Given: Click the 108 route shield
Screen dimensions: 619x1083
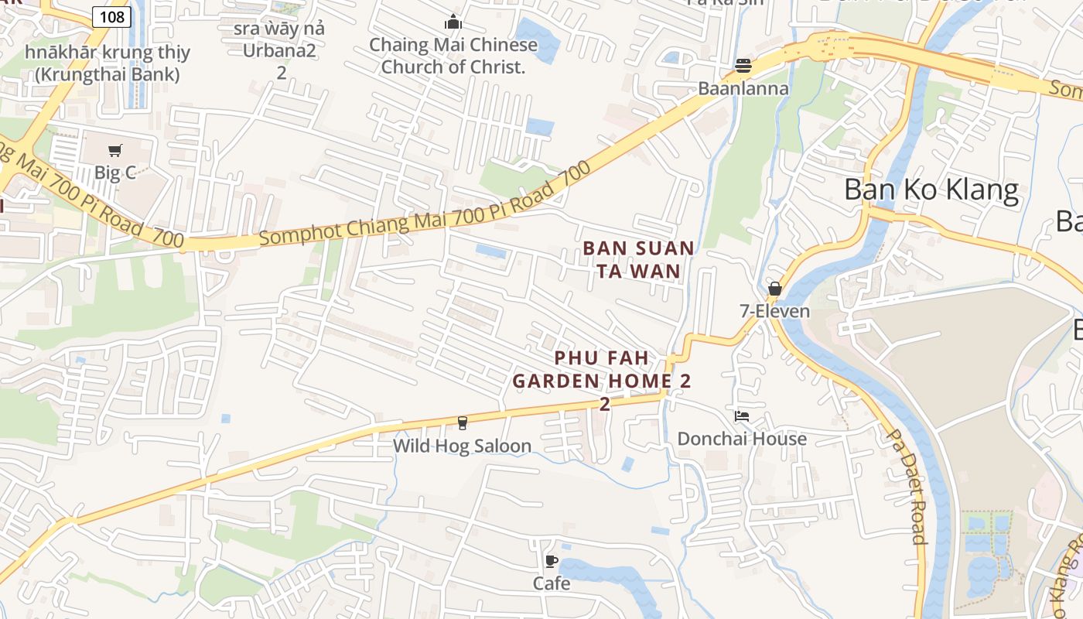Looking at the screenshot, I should click(x=111, y=16).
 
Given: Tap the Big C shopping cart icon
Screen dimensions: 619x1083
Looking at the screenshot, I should click(x=115, y=150).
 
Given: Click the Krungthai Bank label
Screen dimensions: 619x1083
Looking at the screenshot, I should click(x=107, y=63).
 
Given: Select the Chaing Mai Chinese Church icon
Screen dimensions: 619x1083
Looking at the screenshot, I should click(x=453, y=22).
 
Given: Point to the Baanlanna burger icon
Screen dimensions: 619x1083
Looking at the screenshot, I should click(x=743, y=66).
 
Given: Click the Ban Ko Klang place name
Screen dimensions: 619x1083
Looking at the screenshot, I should click(x=931, y=190).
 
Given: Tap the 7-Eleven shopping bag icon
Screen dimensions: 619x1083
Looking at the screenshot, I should click(x=774, y=289).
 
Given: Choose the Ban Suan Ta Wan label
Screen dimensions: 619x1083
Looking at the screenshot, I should click(x=638, y=259).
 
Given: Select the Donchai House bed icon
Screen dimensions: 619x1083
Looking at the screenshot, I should click(x=742, y=416).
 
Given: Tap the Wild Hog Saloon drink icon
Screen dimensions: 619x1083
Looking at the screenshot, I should click(x=463, y=422).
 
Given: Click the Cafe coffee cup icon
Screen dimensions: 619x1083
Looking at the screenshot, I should click(x=551, y=561).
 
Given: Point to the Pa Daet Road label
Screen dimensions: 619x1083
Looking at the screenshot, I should click(x=906, y=487).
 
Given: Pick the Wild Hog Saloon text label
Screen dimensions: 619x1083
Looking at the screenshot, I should click(x=462, y=446).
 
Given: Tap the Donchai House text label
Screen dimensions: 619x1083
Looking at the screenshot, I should click(x=742, y=439).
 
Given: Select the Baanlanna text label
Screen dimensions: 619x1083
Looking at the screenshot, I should click(x=743, y=88).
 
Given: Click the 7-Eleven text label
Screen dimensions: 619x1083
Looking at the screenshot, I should click(x=774, y=311).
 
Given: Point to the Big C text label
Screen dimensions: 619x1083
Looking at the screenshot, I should click(x=115, y=173).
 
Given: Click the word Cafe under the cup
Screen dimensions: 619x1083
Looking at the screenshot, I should click(x=552, y=583).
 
